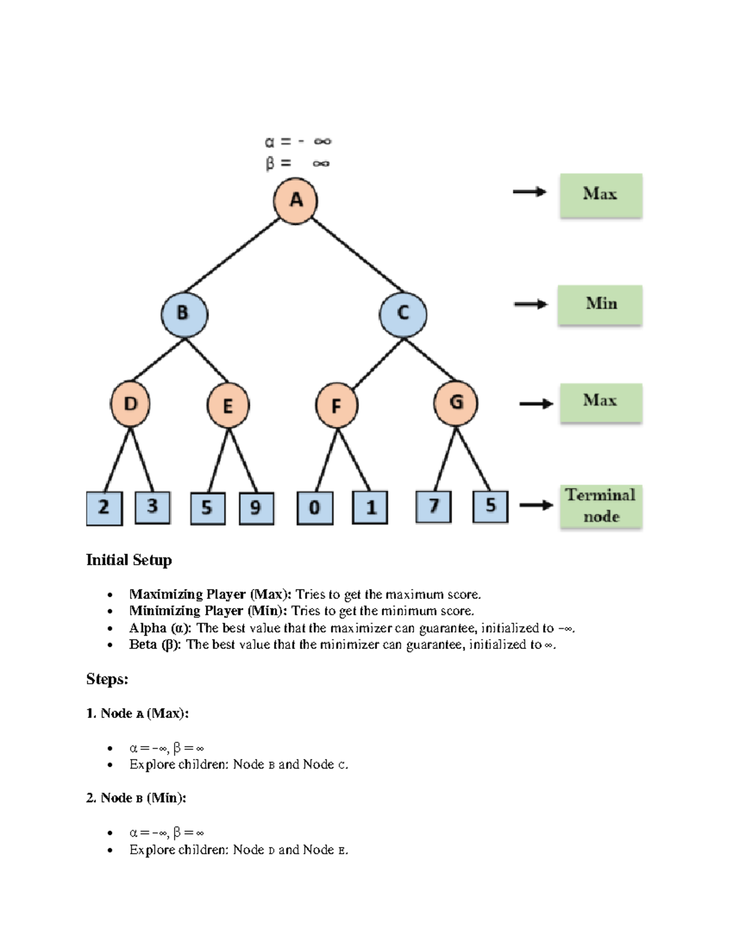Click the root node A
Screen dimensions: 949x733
click(x=296, y=200)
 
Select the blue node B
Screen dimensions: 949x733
click(x=184, y=313)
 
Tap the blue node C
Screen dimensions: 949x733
click(x=403, y=314)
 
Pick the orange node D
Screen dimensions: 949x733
click(x=130, y=404)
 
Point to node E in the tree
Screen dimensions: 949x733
click(x=228, y=405)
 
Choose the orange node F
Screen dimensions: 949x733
click(x=336, y=405)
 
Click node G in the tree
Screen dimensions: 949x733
click(x=456, y=403)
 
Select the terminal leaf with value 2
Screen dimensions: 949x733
click(x=104, y=508)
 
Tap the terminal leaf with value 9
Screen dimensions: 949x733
click(x=256, y=508)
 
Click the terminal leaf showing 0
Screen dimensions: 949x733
click(x=315, y=508)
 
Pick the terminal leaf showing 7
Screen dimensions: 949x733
click(x=434, y=507)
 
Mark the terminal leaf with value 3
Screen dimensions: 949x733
click(x=152, y=507)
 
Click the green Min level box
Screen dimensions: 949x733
click(x=600, y=304)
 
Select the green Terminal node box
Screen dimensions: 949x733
click(x=600, y=506)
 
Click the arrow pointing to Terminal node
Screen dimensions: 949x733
click(x=536, y=505)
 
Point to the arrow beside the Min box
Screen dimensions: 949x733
click(x=530, y=304)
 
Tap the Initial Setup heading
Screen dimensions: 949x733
click(x=129, y=560)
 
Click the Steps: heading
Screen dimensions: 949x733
click(x=107, y=679)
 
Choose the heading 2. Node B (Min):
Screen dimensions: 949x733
click(x=136, y=797)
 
